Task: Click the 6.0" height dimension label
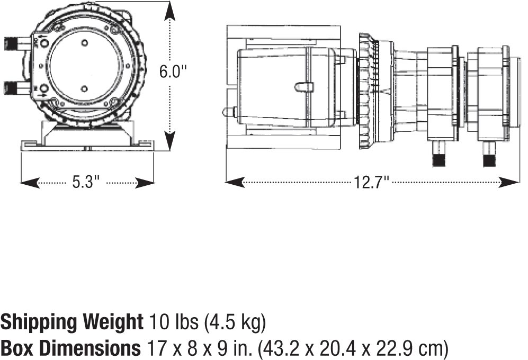point(173,71)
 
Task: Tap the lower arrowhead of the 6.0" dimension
point(171,141)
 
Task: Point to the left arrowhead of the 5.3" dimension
point(30,183)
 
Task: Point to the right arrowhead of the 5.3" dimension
point(145,183)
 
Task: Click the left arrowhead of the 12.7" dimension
point(235,183)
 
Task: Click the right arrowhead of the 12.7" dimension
point(509,183)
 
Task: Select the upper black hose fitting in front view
point(11,44)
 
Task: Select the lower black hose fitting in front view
point(11,88)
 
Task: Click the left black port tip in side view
point(438,160)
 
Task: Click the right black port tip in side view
point(489,160)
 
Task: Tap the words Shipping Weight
point(72,322)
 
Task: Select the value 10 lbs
point(174,322)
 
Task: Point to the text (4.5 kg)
point(235,322)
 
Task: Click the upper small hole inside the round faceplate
point(85,43)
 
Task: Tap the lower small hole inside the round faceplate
point(85,89)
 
